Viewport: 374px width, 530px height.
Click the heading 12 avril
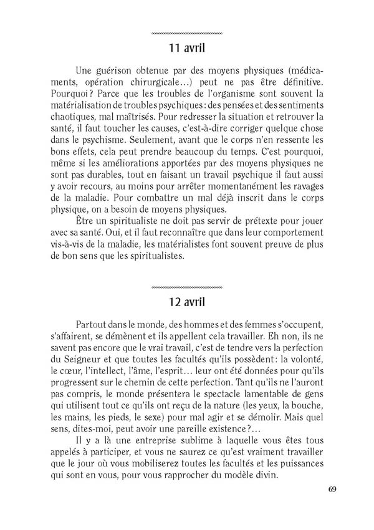point(187,304)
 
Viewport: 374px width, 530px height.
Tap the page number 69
point(332,488)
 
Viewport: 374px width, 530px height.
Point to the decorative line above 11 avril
point(187,32)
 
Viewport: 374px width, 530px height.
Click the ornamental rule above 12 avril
point(187,287)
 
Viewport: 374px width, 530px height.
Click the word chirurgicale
point(167,82)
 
